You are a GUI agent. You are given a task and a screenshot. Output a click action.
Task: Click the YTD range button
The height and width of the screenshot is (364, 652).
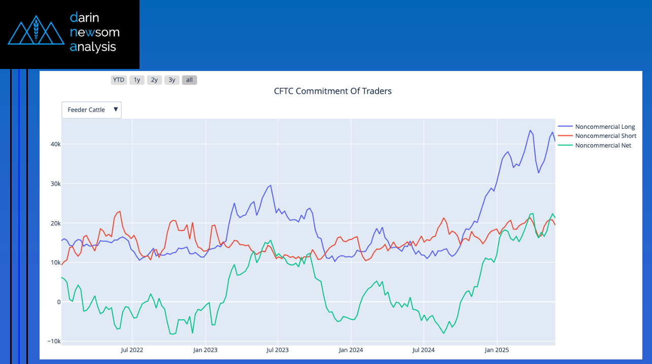coord(119,80)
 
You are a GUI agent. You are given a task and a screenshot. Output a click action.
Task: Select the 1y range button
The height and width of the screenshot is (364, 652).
coord(136,80)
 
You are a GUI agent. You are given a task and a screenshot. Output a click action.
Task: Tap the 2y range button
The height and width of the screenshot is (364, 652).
coord(154,80)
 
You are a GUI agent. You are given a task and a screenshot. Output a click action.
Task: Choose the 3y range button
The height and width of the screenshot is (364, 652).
coord(172,80)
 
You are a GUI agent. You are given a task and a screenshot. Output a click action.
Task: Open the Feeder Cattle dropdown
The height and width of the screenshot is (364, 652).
coord(92,110)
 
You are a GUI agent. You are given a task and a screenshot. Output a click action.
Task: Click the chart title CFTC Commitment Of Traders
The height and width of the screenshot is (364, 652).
coord(333,91)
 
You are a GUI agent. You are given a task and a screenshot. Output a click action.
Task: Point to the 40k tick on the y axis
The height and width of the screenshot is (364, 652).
coord(54,144)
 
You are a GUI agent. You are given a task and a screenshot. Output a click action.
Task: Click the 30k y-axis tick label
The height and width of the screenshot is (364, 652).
coord(54,184)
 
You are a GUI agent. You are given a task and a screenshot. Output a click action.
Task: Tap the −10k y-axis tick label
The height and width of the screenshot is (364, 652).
coord(53,341)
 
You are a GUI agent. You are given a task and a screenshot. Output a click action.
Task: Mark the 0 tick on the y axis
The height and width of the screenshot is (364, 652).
coord(58,302)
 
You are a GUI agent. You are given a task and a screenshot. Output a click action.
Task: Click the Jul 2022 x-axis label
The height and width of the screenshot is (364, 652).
coord(132,350)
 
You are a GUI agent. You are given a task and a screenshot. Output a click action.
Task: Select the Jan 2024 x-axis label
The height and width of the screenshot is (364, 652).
coord(351,350)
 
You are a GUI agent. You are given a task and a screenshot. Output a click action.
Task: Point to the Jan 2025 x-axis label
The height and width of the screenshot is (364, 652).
coord(497,350)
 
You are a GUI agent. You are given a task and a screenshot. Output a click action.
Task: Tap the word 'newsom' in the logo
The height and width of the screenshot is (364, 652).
coord(95,32)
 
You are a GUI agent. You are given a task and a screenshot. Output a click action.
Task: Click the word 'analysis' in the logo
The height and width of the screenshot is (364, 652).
coord(93,47)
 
